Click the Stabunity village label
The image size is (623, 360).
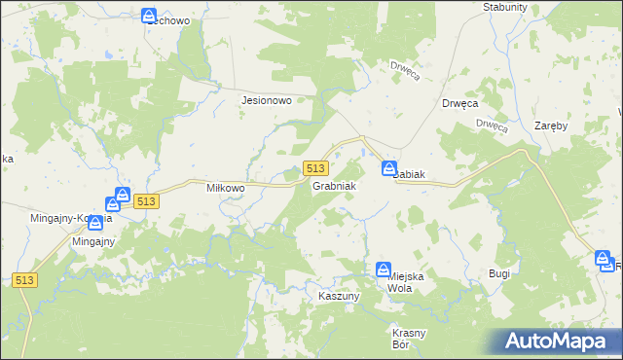click(504, 7)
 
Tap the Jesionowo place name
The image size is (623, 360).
click(267, 99)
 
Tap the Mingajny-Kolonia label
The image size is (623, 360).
click(72, 218)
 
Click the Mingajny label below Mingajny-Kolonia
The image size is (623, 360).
click(93, 241)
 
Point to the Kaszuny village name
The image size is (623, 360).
click(340, 294)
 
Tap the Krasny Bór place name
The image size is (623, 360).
click(409, 339)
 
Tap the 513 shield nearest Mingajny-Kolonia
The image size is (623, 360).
click(146, 200)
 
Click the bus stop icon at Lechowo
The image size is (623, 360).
click(149, 16)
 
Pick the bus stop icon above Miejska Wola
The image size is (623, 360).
click(384, 270)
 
